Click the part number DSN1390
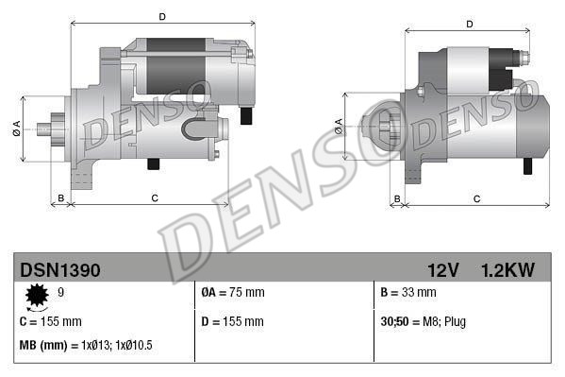(x=60, y=270)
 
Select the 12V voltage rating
(x=441, y=270)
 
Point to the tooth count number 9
(x=62, y=293)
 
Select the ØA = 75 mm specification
(x=233, y=293)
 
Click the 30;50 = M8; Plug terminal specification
(x=423, y=321)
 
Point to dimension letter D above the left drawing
(x=161, y=16)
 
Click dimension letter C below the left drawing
(x=153, y=197)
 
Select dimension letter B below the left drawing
(x=61, y=197)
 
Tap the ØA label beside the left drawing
(x=17, y=129)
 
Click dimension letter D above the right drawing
(x=469, y=24)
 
